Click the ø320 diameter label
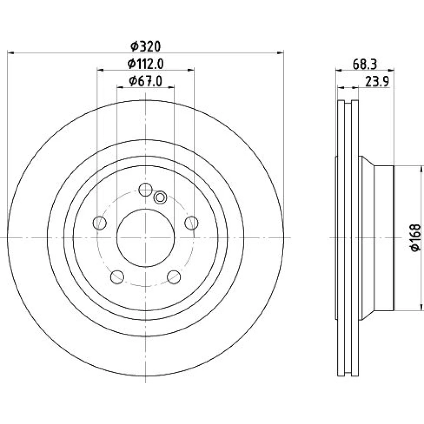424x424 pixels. tap(145, 46)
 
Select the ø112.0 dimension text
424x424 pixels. tap(145, 64)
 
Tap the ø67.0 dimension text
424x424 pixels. tap(145, 81)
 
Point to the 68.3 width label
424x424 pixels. tap(365, 64)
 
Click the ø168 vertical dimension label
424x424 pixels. tap(416, 238)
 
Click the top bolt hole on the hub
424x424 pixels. tap(145, 190)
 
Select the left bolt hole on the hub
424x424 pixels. tap(100, 223)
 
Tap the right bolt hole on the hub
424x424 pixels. tap(192, 223)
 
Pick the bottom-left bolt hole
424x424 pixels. tap(117, 277)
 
